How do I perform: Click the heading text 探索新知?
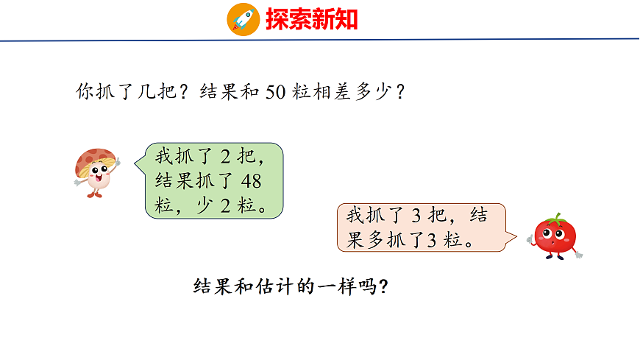(x=312, y=19)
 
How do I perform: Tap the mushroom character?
(x=96, y=172)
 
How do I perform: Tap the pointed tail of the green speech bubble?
(x=138, y=161)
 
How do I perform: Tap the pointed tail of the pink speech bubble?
(x=513, y=239)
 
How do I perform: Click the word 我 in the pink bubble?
(x=355, y=216)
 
